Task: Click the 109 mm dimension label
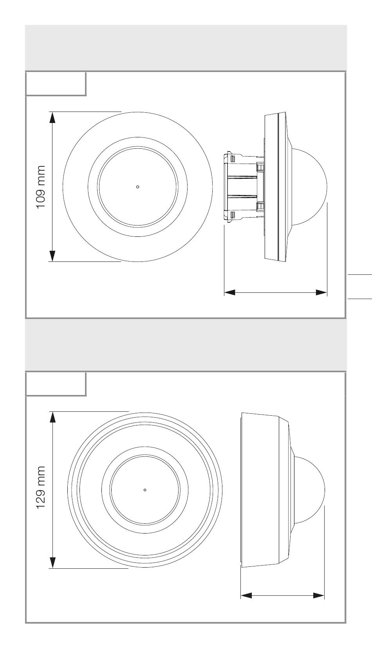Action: pos(41,187)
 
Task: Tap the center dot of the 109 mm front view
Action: pos(138,187)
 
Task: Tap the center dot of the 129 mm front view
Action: pos(145,490)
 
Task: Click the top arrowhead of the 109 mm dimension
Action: pos(52,118)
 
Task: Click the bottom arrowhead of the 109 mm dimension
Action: pos(52,256)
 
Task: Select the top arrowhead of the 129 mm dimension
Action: pos(52,418)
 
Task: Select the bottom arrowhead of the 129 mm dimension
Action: pos(52,562)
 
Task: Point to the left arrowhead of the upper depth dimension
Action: pos(230,293)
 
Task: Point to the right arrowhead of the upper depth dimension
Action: pos(321,293)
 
